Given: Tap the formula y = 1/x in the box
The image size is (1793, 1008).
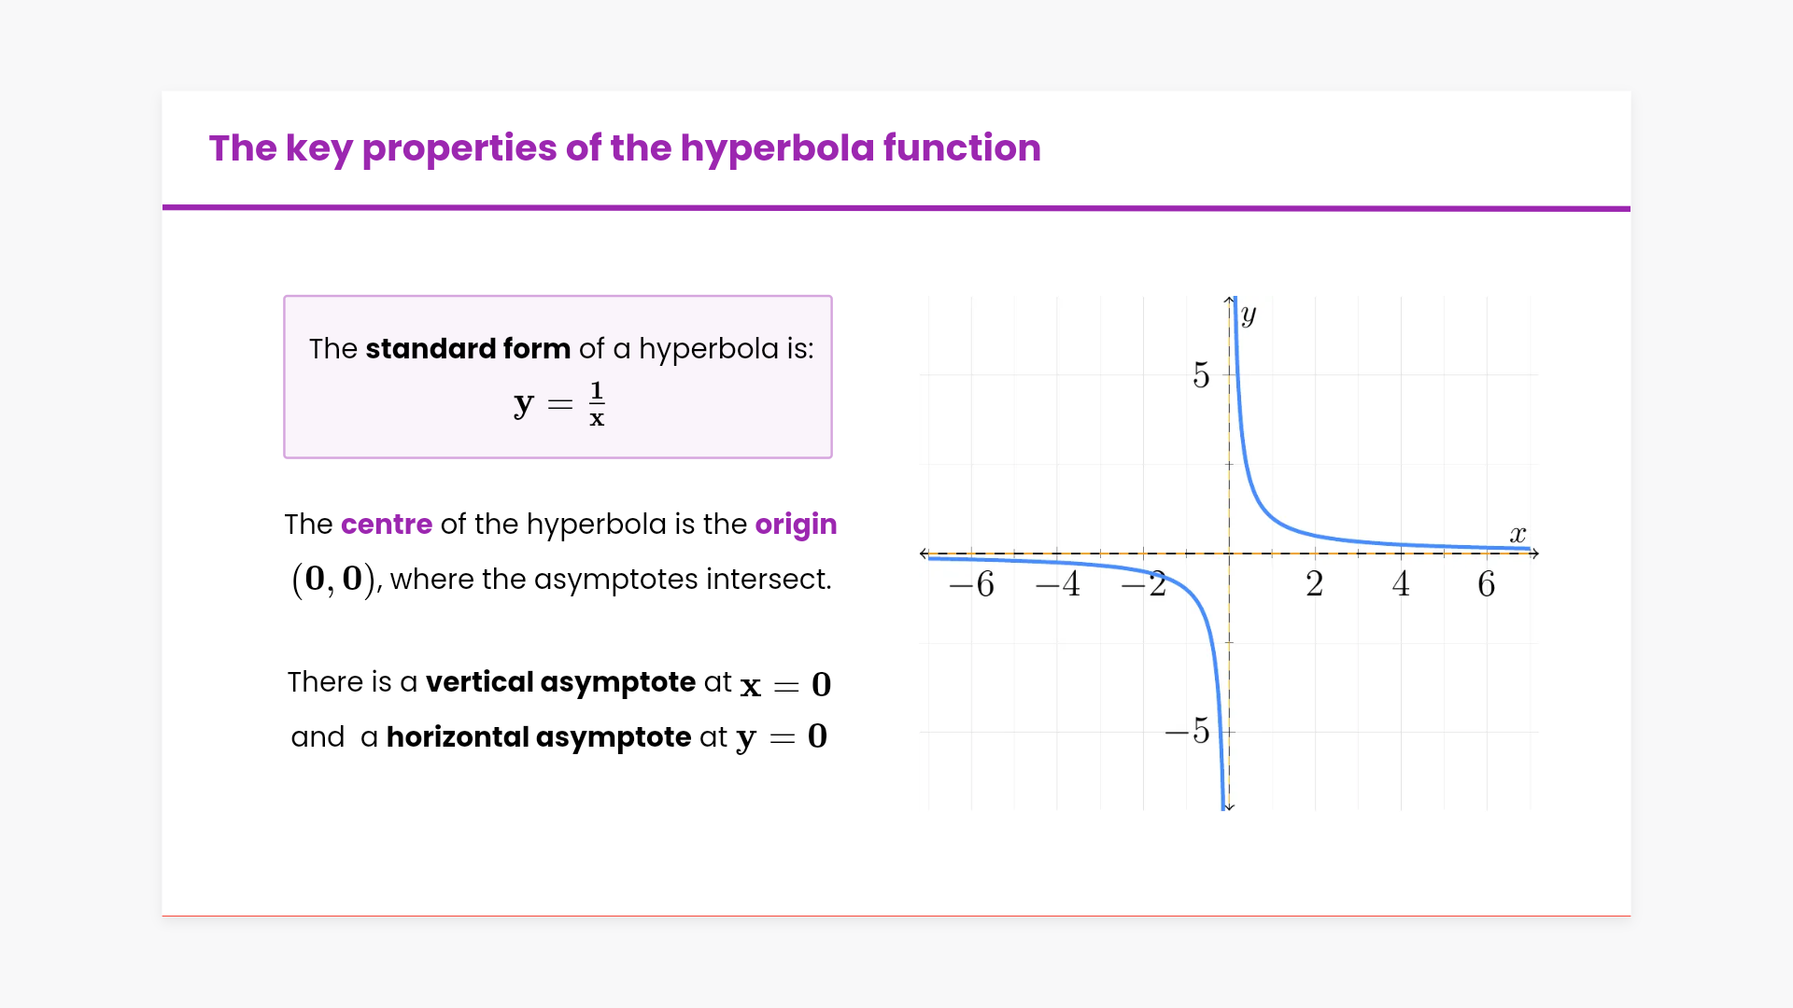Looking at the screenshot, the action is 559,404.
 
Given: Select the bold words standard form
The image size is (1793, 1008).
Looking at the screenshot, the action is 468,348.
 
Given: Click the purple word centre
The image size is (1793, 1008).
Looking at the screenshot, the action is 387,524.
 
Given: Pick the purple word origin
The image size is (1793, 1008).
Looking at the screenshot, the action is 796,525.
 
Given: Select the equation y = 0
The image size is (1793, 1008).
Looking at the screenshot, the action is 782,737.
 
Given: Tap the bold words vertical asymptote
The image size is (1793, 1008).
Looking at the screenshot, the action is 560,683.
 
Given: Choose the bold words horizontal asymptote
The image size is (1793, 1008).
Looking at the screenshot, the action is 539,737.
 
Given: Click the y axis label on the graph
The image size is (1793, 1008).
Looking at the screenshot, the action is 1249,315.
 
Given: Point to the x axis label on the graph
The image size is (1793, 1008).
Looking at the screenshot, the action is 1518,534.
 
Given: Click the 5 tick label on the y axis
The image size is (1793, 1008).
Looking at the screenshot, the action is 1201,375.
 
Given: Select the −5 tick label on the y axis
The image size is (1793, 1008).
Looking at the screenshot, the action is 1187,731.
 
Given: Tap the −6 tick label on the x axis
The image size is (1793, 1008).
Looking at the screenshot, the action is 971,584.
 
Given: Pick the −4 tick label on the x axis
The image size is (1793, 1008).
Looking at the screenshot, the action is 1058,584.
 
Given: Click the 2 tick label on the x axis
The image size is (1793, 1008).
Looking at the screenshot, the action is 1314,584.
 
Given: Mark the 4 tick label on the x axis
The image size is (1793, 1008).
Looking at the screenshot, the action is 1401,584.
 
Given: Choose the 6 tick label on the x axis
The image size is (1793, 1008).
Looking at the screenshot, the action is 1487,584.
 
